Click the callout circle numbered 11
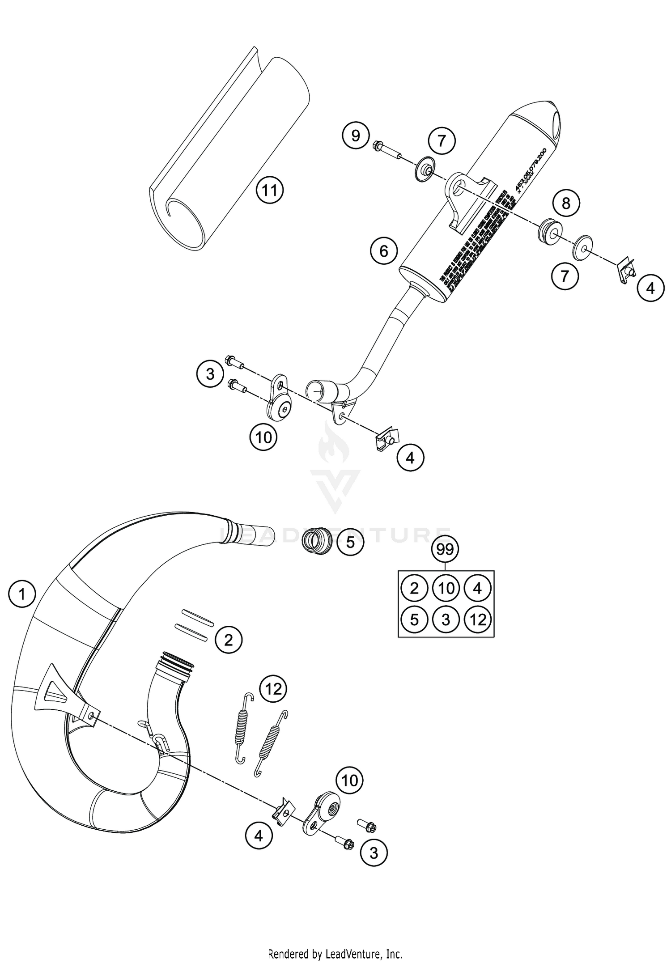coord(270,191)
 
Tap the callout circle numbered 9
coord(356,135)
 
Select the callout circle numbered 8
coord(566,203)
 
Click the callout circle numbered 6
coord(384,251)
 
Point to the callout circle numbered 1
coord(21,594)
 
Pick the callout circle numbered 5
coord(350,542)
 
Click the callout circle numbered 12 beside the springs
coord(273,689)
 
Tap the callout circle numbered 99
coord(445,549)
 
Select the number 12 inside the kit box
coord(478,620)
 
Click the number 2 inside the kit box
coord(414,588)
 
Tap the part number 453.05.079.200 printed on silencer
coord(531,170)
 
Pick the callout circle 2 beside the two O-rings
coord(228,641)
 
